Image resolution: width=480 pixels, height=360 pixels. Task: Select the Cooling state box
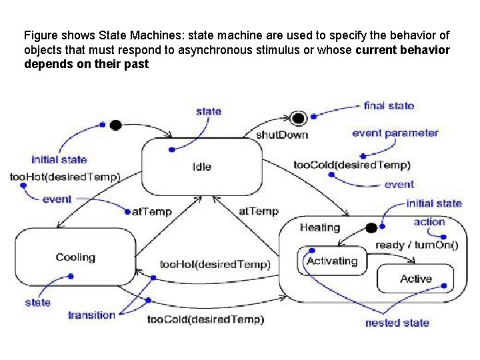75,258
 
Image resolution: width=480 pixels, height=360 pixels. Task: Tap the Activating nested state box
331,261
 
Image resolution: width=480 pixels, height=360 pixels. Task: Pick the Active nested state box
415,279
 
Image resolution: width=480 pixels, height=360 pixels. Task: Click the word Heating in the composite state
319,227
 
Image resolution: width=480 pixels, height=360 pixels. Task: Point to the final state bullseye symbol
299,118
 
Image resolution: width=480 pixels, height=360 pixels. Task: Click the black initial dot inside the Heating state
371,229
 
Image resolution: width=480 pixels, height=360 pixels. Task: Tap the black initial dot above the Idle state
115,125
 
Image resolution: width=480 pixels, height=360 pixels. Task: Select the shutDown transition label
282,135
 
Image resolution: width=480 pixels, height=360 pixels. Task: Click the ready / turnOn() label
417,245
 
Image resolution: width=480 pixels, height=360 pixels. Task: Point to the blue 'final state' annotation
389,105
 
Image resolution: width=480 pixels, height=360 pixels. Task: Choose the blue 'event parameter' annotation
395,133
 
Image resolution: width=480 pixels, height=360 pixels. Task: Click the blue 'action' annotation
429,222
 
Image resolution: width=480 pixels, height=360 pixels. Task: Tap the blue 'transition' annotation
91,315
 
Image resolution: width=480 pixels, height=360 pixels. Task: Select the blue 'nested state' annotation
397,323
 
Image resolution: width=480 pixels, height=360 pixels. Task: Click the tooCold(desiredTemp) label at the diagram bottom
205,319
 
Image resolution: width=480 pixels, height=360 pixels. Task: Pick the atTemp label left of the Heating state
258,211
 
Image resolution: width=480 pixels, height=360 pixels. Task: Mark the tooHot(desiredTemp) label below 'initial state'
65,177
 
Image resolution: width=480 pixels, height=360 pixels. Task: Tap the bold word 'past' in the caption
136,65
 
